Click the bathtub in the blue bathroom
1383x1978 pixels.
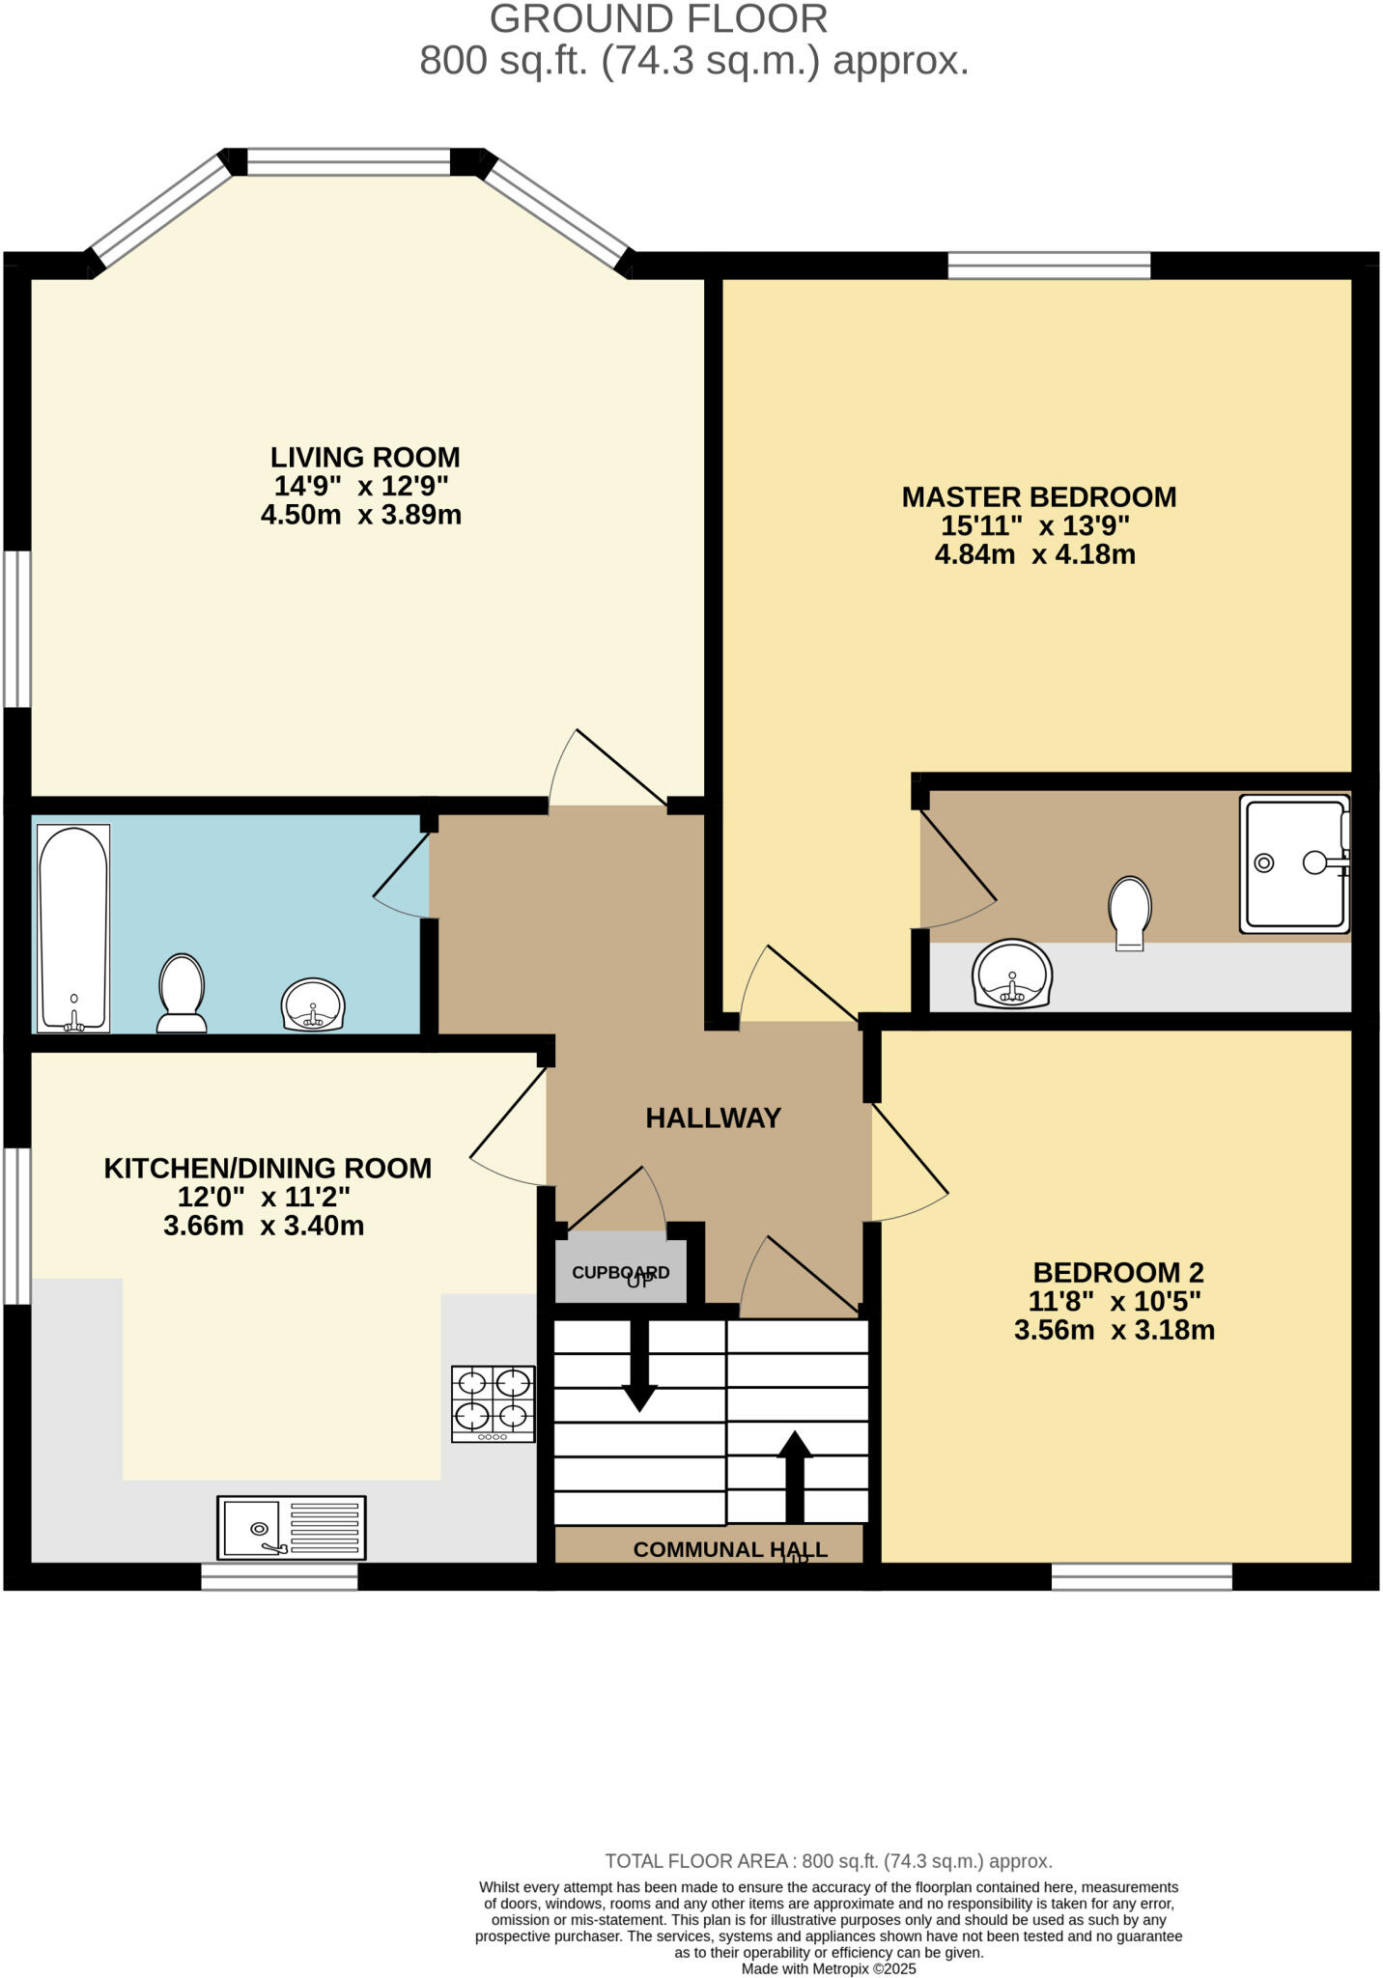tap(73, 928)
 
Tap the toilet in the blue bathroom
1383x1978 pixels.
tap(182, 993)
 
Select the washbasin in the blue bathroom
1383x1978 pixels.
tap(312, 1005)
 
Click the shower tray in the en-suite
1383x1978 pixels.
tap(1294, 863)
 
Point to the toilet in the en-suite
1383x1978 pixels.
tap(1130, 912)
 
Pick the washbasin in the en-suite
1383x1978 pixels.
tap(1012, 974)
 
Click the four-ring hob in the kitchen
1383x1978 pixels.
tap(494, 1403)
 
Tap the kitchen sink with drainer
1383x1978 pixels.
tap(292, 1527)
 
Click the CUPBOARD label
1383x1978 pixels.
tap(620, 1272)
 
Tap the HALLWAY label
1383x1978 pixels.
tap(713, 1117)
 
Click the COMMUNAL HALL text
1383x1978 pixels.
tap(730, 1549)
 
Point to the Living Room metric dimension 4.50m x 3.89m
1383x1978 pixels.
tap(361, 515)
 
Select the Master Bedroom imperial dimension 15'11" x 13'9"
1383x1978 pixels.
tap(1035, 526)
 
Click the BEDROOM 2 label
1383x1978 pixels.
tap(1118, 1272)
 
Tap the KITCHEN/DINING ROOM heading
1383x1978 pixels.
tap(268, 1168)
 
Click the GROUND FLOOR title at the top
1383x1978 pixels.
tap(659, 19)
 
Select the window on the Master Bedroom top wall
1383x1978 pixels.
tap(1049, 265)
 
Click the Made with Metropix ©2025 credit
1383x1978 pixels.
tap(829, 1968)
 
